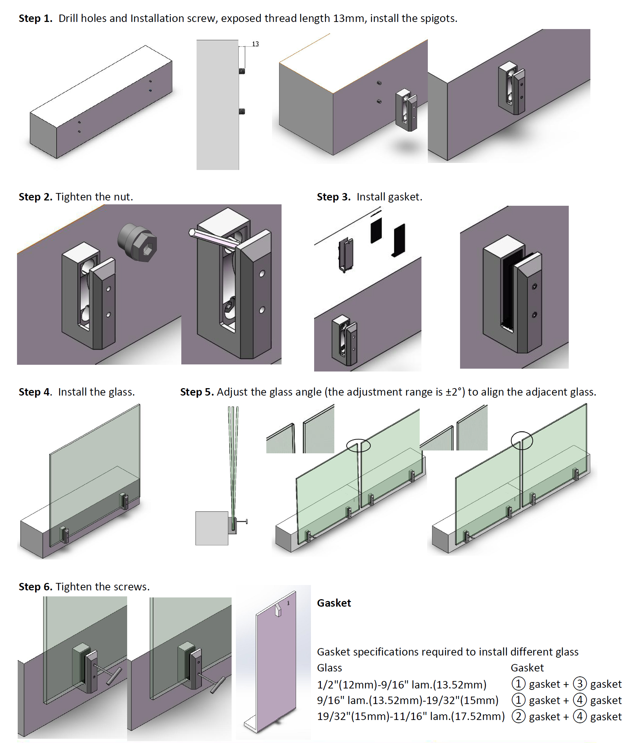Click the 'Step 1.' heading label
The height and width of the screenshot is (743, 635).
click(35, 18)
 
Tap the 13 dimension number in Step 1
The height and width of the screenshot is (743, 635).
click(255, 44)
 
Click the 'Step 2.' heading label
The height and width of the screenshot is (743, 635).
click(35, 197)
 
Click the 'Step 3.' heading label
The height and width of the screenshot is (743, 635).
click(334, 197)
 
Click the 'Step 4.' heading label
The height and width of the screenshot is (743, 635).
click(35, 392)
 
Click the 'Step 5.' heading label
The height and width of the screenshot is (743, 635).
click(197, 392)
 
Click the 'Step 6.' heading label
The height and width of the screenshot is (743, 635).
click(35, 587)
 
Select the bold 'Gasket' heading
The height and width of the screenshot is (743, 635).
click(334, 603)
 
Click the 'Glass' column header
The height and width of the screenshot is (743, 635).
click(329, 668)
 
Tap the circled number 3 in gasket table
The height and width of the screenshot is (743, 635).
click(579, 684)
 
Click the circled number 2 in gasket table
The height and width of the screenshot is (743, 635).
click(518, 716)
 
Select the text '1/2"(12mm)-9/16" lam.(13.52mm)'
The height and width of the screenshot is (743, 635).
click(402, 685)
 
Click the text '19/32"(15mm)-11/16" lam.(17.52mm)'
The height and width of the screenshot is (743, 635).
click(411, 716)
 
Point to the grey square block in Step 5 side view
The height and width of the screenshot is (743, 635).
click(211, 528)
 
